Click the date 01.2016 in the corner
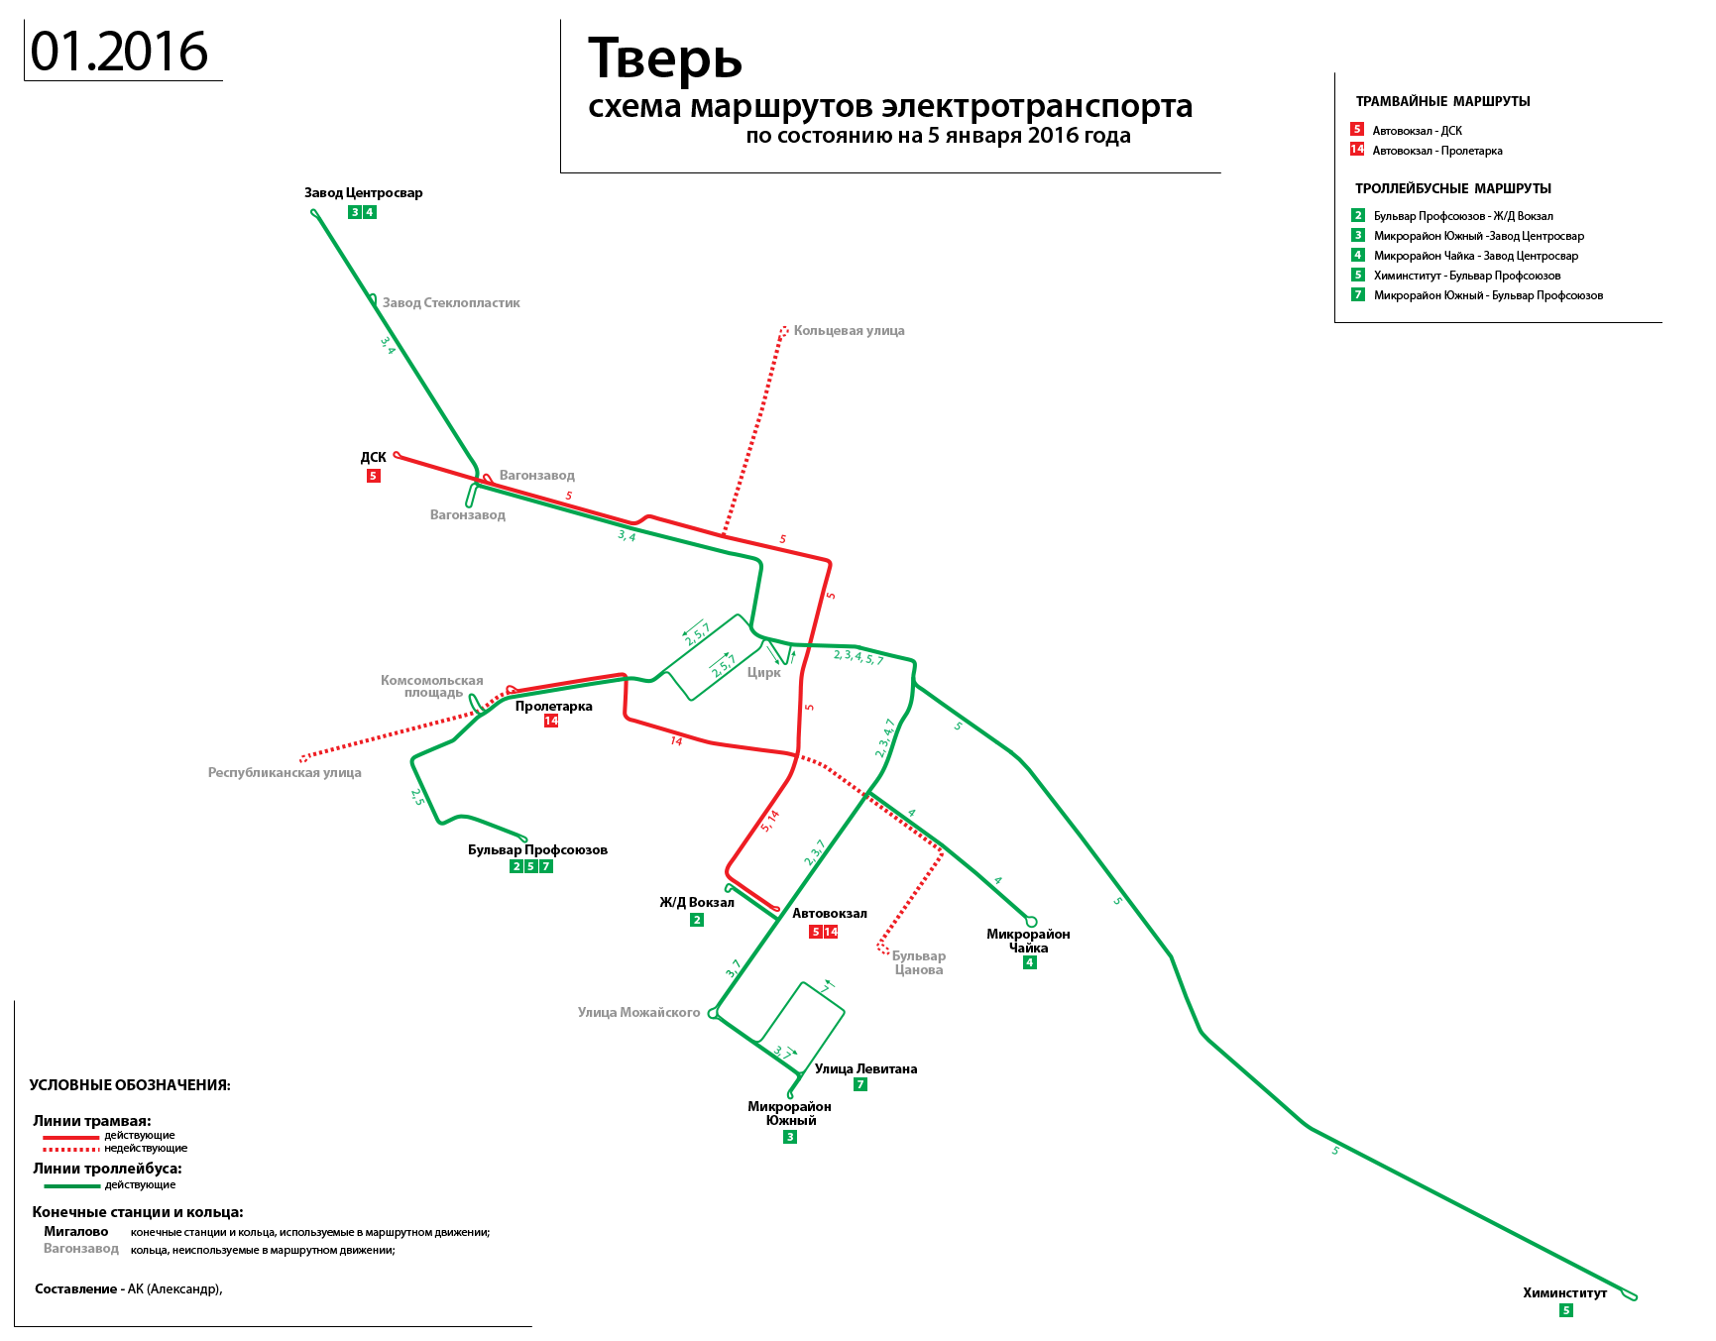[119, 52]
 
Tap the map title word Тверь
[665, 59]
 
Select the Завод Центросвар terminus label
[363, 193]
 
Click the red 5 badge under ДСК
[373, 476]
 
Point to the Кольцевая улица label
[849, 331]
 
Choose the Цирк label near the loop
[763, 672]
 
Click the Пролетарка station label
[553, 707]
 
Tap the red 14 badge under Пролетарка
[551, 721]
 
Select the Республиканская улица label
[285, 773]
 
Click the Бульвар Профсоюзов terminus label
[537, 850]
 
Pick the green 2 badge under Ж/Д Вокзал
[697, 920]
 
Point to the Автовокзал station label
[830, 914]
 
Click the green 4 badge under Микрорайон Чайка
[1030, 962]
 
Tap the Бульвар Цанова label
[919, 963]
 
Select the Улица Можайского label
[638, 1013]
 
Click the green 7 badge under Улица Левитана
[860, 1084]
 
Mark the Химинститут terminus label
[1564, 1293]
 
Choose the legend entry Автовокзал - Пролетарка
[1436, 151]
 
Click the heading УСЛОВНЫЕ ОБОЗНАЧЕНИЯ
[130, 1085]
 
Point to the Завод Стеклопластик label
[451, 303]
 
